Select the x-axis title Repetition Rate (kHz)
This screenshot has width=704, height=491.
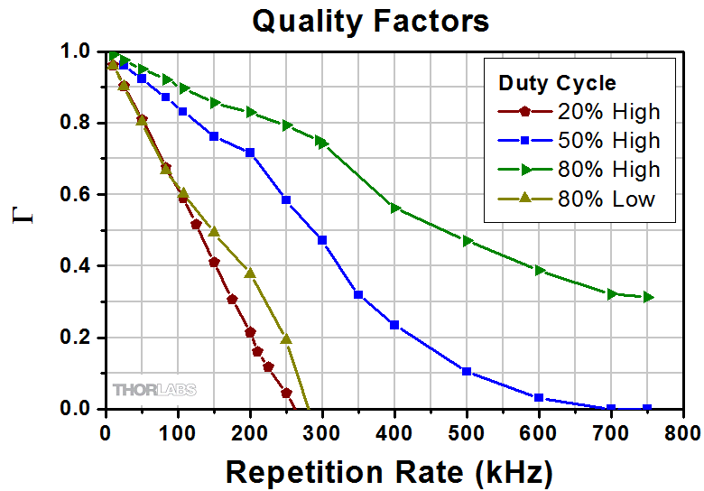(388, 471)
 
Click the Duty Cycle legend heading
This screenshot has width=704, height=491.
(557, 83)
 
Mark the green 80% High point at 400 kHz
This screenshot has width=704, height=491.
(394, 208)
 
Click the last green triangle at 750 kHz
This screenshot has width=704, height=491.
(647, 297)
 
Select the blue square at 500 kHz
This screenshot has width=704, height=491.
(467, 371)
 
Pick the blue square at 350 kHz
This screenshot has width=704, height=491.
(358, 294)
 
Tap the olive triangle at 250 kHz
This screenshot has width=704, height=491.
(286, 339)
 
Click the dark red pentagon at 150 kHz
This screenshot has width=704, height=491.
(214, 263)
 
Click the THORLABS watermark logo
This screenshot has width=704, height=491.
(153, 390)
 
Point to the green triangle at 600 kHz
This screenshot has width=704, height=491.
(539, 270)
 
